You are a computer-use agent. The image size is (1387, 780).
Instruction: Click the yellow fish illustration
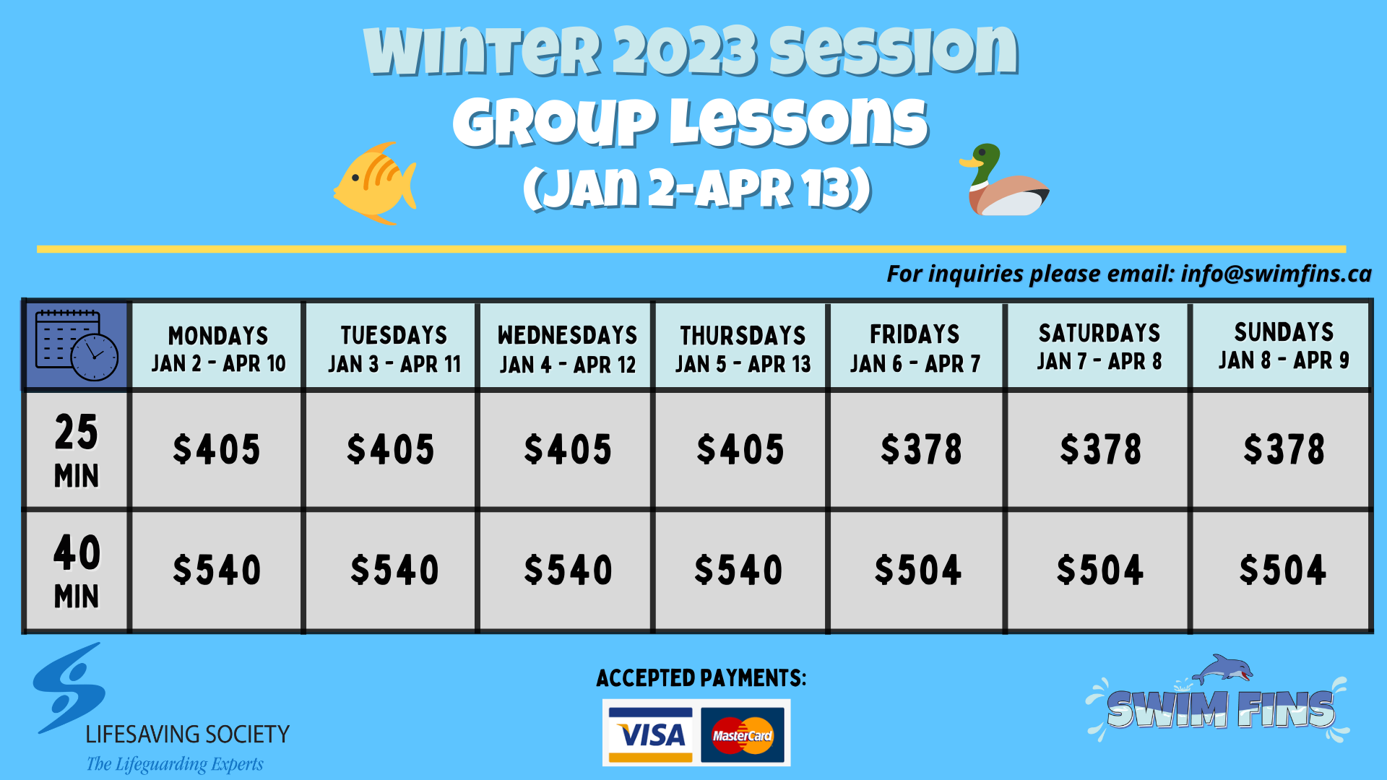click(x=374, y=183)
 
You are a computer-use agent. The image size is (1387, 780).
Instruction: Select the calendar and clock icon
click(x=77, y=345)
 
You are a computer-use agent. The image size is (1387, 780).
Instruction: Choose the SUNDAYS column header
click(x=1283, y=346)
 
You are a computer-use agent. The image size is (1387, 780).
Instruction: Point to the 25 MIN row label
click(x=77, y=449)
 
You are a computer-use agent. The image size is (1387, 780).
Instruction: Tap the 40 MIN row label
click(x=77, y=571)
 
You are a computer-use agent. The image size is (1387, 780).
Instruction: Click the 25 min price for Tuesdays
click(x=391, y=449)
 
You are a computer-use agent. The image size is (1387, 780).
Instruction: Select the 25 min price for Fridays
click(x=920, y=449)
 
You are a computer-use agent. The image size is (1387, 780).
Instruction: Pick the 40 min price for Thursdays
click(x=738, y=570)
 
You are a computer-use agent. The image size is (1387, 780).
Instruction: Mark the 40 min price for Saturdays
click(x=1099, y=570)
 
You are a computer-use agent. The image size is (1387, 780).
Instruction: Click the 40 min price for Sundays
click(x=1282, y=570)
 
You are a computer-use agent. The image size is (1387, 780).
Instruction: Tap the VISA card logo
click(x=650, y=734)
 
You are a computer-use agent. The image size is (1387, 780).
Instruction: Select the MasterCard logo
click(x=742, y=734)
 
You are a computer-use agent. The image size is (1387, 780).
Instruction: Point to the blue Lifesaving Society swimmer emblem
click(x=69, y=688)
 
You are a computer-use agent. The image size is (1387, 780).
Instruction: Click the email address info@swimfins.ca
click(x=1276, y=274)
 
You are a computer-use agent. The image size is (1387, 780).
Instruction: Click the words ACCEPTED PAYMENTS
click(x=701, y=678)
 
